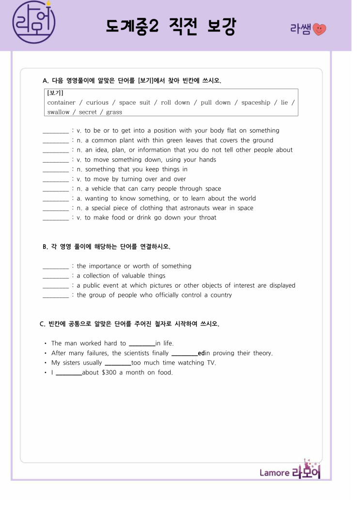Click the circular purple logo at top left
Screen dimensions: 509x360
(x=33, y=22)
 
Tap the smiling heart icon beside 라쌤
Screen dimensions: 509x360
(x=320, y=29)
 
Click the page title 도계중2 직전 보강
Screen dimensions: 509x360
(x=171, y=27)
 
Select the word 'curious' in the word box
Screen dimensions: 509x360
(x=97, y=103)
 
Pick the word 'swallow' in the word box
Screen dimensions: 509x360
(x=59, y=112)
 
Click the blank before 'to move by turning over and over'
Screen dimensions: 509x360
(x=56, y=179)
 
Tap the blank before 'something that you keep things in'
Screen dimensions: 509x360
(x=56, y=170)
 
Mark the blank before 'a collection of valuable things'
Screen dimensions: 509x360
(x=56, y=276)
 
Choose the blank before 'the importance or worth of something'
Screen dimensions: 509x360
(x=56, y=266)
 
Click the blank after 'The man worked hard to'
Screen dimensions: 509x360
(x=141, y=344)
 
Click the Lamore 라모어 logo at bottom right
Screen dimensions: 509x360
(x=290, y=471)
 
